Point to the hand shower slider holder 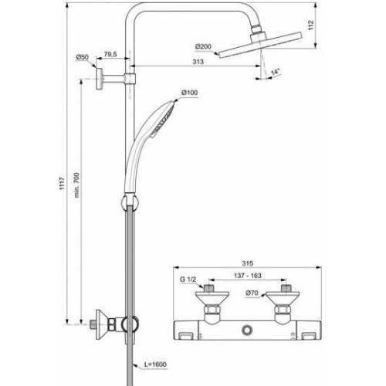click(127, 203)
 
